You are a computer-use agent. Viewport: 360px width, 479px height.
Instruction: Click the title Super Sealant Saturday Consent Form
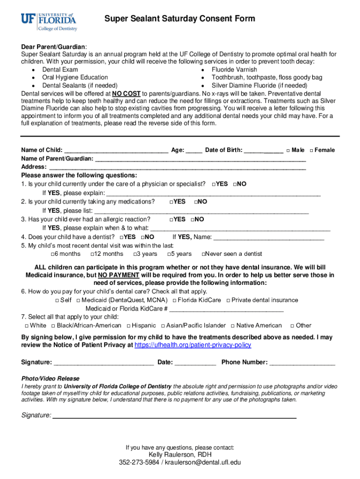pyautogui.click(x=180, y=19)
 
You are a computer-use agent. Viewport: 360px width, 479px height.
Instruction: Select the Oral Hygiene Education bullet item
pyautogui.click(x=75, y=78)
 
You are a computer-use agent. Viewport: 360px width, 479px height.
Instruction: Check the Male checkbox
pyautogui.click(x=288, y=151)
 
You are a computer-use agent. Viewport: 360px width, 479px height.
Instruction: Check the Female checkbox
pyautogui.click(x=311, y=151)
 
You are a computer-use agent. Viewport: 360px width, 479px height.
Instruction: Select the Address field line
pyautogui.click(x=178, y=167)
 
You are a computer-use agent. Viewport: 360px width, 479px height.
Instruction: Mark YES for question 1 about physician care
pyautogui.click(x=213, y=184)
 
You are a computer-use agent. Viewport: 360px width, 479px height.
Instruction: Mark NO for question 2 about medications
pyautogui.click(x=195, y=202)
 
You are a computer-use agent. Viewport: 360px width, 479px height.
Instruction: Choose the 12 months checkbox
pyautogui.click(x=91, y=254)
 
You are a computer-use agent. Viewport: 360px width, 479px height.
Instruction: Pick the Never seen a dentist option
pyautogui.click(x=203, y=254)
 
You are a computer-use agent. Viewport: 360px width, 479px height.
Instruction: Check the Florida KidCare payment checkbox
pyautogui.click(x=174, y=300)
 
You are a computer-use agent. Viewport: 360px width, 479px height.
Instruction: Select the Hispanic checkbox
pyautogui.click(x=128, y=326)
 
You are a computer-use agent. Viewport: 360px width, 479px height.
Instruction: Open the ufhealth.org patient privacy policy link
pyautogui.click(x=193, y=345)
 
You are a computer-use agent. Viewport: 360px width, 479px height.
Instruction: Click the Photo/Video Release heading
pyautogui.click(x=50, y=378)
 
